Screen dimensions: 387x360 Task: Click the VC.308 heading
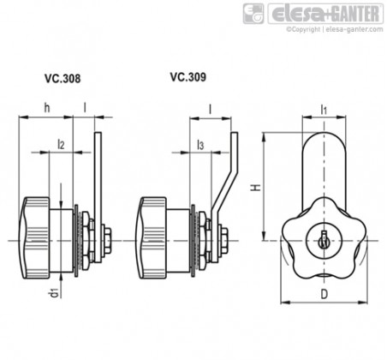tap(63, 79)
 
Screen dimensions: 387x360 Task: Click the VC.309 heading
tap(188, 77)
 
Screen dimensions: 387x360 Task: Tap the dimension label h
tap(47, 108)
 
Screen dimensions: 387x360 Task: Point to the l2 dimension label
tap(61, 145)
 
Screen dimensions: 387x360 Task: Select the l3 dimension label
tap(200, 145)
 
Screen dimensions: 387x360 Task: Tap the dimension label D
tap(324, 294)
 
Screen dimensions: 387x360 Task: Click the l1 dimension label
tap(324, 110)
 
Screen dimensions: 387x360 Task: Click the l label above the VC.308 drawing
tap(85, 107)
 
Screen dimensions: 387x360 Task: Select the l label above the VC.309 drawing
tap(211, 109)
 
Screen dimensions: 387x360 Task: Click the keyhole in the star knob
tap(324, 239)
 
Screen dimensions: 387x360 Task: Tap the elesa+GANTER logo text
tap(325, 14)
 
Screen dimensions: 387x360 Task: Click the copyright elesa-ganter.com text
tap(335, 29)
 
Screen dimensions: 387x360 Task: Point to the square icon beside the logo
tap(253, 14)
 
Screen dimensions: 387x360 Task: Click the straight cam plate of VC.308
tap(98, 197)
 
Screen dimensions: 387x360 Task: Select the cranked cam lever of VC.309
tap(224, 197)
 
